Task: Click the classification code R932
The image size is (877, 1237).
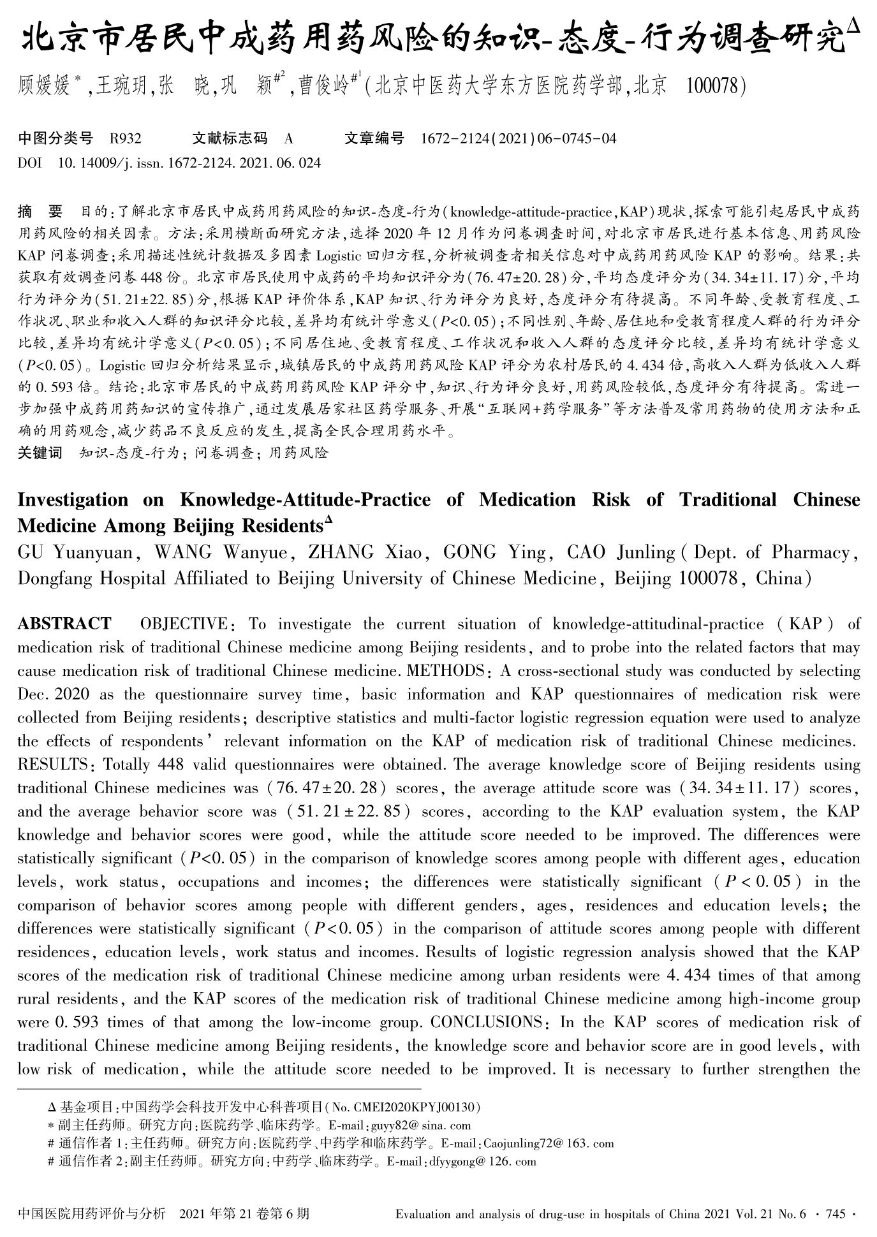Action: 126,138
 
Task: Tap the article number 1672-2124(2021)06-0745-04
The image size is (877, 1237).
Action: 519,138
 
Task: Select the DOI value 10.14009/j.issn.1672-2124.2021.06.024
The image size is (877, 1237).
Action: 189,163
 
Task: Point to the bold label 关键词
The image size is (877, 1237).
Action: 40,453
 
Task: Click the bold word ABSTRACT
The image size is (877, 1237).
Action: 64,624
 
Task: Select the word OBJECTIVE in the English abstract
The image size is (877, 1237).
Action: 184,624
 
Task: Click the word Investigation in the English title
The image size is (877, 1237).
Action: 73,499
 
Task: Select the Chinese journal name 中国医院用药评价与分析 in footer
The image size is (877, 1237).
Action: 92,1213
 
